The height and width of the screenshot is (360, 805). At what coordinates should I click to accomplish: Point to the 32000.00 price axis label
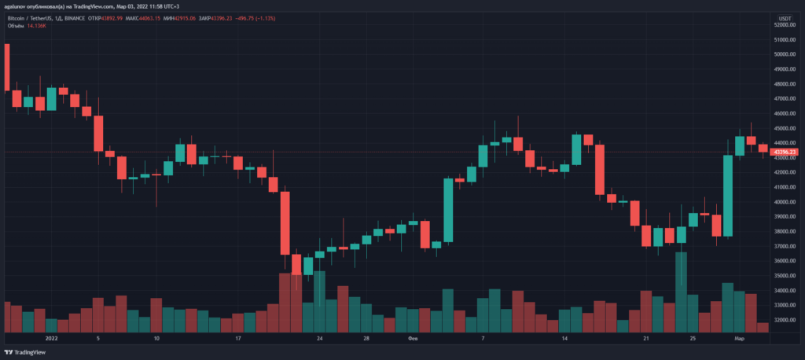(784, 320)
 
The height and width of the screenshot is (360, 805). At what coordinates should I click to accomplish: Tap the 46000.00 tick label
(784, 113)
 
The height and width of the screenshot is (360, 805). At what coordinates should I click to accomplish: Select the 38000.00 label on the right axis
(784, 231)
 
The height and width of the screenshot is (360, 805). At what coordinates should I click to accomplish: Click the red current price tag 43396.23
(785, 152)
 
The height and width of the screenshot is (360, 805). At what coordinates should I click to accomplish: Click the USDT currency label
(785, 17)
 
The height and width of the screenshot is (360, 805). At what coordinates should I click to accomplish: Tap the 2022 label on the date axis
(52, 339)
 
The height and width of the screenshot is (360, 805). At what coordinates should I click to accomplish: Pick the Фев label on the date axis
(414, 339)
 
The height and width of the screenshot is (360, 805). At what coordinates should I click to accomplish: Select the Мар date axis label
(740, 339)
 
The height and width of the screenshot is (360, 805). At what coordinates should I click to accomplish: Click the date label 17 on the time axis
(237, 339)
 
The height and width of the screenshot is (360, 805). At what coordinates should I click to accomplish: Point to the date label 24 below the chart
(320, 339)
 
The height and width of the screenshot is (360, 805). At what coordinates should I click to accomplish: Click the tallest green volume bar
(682, 292)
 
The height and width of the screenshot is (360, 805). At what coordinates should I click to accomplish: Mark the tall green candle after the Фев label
(448, 210)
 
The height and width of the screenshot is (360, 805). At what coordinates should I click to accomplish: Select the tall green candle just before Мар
(728, 196)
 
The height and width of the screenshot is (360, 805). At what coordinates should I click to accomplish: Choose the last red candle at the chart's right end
(763, 148)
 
